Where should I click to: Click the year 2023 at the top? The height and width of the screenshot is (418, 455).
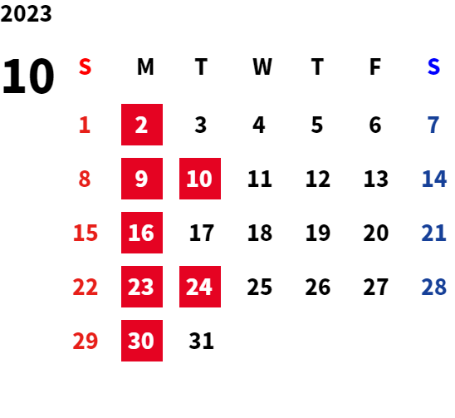(26, 13)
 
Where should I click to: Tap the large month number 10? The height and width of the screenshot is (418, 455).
(28, 76)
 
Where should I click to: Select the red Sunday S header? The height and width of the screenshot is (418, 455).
(85, 66)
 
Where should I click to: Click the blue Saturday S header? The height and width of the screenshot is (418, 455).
(433, 66)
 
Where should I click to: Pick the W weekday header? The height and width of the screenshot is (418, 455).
(262, 66)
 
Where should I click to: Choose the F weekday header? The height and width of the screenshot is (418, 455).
(375, 66)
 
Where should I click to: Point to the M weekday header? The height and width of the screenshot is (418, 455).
(145, 66)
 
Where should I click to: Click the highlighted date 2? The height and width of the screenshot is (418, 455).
(142, 125)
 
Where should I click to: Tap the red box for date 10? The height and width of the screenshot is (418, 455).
(200, 179)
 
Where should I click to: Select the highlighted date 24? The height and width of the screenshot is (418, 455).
(200, 287)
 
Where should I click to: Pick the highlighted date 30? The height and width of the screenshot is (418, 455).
(142, 341)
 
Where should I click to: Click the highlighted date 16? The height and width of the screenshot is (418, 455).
(142, 233)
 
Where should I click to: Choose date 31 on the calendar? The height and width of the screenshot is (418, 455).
(202, 341)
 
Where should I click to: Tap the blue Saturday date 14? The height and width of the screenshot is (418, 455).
(434, 179)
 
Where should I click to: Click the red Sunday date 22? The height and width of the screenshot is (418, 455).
(85, 287)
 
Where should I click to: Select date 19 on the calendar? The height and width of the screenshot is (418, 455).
(318, 233)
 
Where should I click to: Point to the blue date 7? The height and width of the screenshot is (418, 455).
(433, 125)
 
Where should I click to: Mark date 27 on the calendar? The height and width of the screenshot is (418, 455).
(376, 287)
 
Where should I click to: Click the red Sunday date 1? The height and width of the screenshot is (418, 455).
(85, 125)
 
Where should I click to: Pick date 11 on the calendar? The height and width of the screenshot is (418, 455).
(260, 179)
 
